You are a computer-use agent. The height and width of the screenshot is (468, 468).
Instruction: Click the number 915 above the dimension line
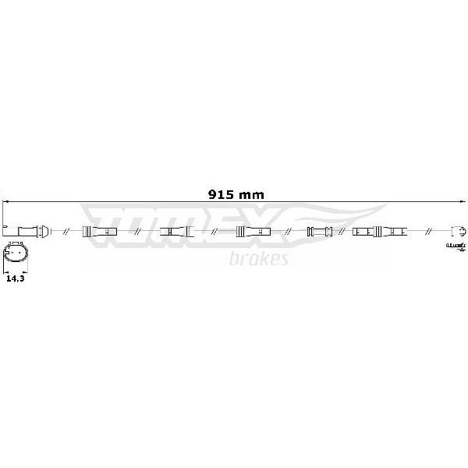point(221,195)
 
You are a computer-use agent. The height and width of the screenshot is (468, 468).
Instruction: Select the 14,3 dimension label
point(16,278)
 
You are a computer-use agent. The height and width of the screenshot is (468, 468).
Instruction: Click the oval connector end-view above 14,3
point(16,252)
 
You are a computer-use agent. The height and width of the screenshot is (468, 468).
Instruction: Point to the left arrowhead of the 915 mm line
point(5,202)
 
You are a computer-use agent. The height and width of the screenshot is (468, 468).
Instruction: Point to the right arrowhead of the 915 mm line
point(462,202)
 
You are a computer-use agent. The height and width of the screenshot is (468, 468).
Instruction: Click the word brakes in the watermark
point(259,258)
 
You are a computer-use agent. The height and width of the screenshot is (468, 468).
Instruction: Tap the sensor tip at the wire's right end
point(459,231)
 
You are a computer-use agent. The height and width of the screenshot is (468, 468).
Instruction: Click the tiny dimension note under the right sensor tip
point(456,246)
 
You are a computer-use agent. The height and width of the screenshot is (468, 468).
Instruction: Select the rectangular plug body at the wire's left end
point(28,232)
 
